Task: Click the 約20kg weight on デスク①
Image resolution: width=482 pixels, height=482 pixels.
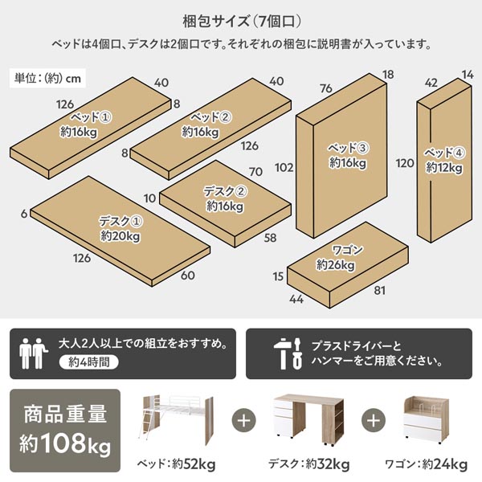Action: pos(120,236)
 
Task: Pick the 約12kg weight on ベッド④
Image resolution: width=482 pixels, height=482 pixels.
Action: pos(443,167)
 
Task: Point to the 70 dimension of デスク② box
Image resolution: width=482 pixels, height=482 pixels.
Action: pos(256,172)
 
